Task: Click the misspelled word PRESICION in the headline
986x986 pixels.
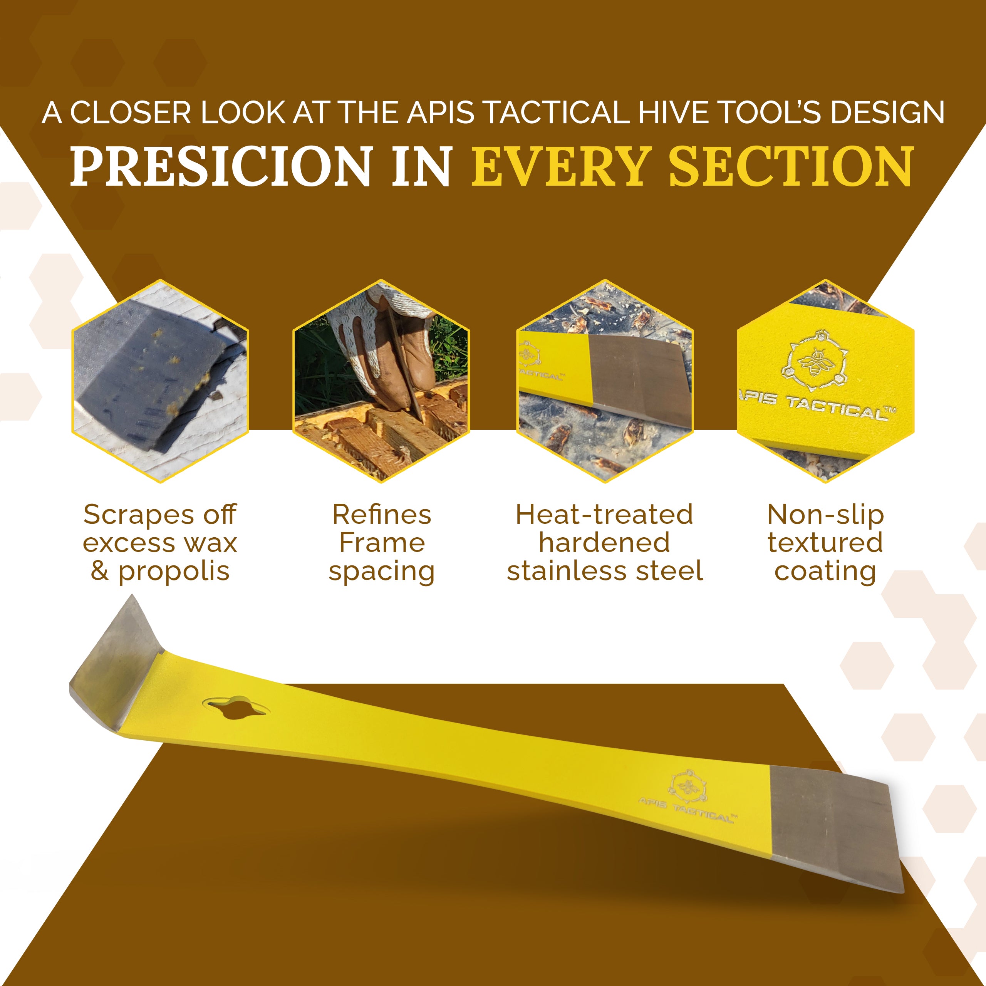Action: coord(220,166)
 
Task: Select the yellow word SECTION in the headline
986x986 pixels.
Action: coord(791,166)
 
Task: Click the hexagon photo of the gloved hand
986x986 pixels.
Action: coord(381,381)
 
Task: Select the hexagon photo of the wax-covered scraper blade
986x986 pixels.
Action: coord(160,381)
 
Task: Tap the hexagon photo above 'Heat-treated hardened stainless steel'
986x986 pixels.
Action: coord(605,381)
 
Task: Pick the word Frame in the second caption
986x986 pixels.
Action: coord(382,543)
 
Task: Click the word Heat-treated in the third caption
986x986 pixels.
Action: coord(605,515)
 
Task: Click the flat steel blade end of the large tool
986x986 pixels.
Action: coord(834,832)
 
